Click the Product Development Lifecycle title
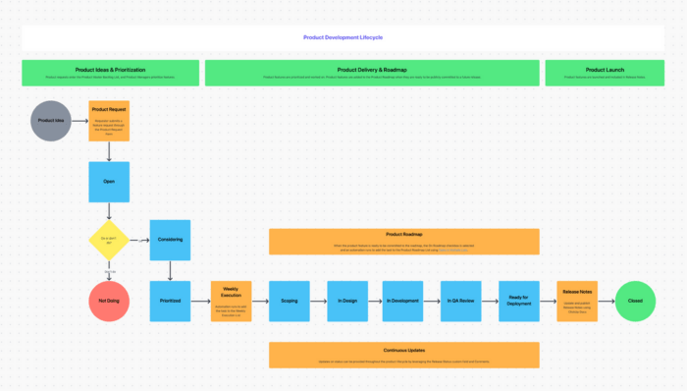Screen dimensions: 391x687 pos(343,37)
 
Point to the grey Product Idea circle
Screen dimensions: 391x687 pos(51,120)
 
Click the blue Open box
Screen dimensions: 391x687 pos(109,182)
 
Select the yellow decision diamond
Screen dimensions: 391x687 pos(109,239)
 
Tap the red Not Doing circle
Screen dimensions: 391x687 pos(109,300)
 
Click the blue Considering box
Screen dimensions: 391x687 pos(170,239)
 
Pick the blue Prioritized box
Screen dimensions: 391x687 pos(170,300)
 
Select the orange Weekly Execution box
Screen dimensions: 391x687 pos(231,300)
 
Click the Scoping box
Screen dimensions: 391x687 pos(290,300)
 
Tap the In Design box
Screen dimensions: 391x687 pos(347,300)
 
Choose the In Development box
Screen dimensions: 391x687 pos(402,300)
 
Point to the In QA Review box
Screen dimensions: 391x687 pos(460,300)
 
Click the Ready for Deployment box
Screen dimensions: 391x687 pos(518,300)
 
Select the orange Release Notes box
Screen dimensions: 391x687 pos(577,300)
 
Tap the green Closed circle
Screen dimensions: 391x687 pos(635,300)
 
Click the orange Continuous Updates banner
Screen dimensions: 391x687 pos(403,355)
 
